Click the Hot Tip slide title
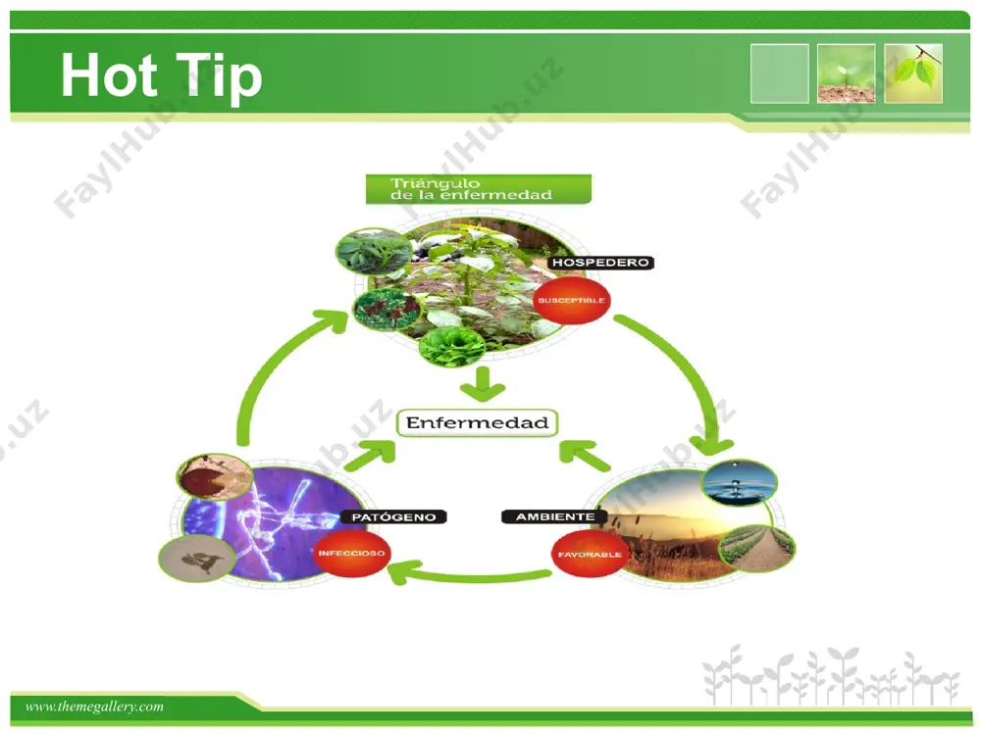[162, 76]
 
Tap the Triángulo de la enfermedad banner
[478, 189]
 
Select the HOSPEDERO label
[600, 263]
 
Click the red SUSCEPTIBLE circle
[571, 300]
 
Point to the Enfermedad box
[478, 423]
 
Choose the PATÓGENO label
[393, 516]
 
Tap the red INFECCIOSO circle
[351, 553]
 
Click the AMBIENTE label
[555, 516]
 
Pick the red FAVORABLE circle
[590, 554]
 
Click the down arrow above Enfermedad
[483, 384]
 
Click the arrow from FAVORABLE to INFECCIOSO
[469, 575]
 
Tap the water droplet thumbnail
[740, 482]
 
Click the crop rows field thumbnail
[757, 548]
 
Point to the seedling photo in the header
[846, 73]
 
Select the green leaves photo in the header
[913, 73]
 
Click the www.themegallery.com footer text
[94, 707]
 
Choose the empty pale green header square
[780, 73]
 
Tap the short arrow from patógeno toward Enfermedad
[372, 455]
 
